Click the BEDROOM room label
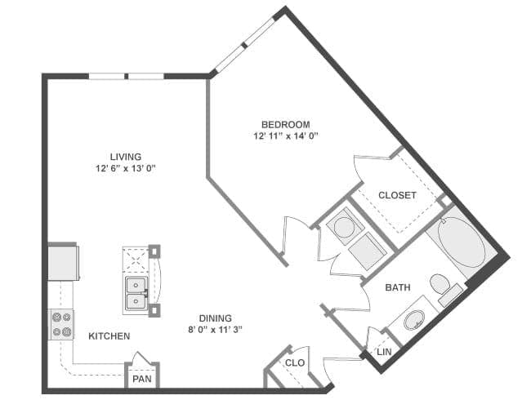[x=285, y=125]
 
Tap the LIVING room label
[x=126, y=157]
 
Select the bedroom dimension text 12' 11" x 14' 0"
[x=286, y=136]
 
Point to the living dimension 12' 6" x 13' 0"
[x=126, y=168]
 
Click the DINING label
[x=216, y=318]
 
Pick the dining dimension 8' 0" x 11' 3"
[x=216, y=330]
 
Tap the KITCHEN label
[x=109, y=336]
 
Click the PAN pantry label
[x=142, y=379]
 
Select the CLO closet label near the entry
[x=295, y=363]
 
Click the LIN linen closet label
[x=384, y=352]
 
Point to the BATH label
[x=398, y=287]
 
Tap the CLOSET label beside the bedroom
[x=397, y=195]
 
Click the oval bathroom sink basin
[x=414, y=320]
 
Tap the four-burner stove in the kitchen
[x=61, y=325]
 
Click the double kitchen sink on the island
[x=136, y=294]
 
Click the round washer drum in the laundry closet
[x=344, y=227]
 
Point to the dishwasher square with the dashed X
[x=136, y=260]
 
